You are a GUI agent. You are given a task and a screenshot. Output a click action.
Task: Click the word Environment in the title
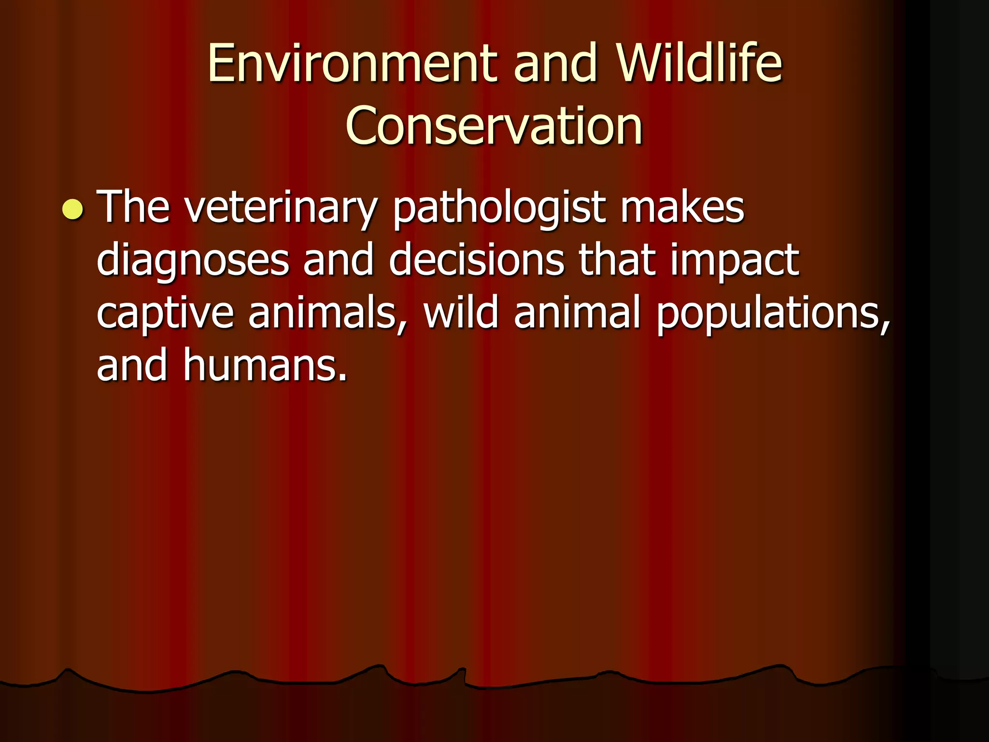point(352,63)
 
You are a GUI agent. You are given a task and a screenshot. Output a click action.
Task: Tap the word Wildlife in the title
point(699,63)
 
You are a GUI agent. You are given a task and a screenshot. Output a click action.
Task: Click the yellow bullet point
point(73,210)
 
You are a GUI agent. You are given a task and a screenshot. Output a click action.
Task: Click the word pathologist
point(499,209)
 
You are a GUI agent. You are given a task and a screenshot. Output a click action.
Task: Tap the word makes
point(682,208)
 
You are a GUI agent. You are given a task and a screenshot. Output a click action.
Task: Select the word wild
point(461,313)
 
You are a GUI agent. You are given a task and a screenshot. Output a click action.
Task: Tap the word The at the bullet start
point(133,208)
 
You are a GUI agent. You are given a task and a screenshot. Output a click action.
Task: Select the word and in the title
point(555,63)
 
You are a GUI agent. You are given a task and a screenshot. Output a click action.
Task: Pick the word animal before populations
point(577,313)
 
